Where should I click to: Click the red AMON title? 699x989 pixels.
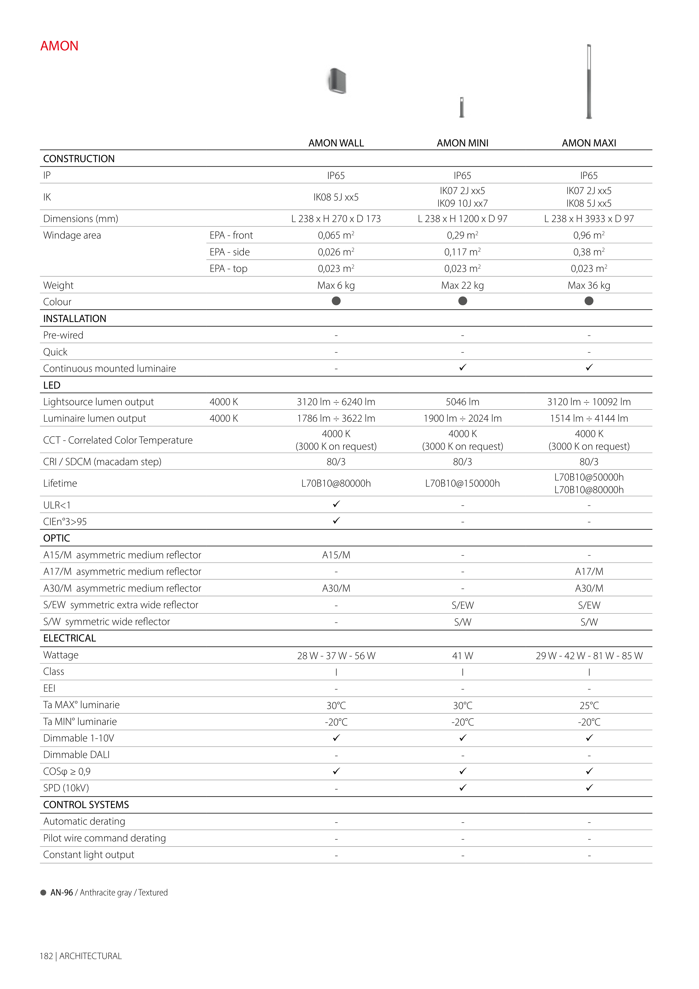pyautogui.click(x=59, y=46)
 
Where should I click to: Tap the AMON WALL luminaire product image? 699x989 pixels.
pyautogui.click(x=337, y=81)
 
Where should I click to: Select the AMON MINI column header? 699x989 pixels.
pyautogui.click(x=462, y=143)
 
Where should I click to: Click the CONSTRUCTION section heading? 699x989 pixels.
pyautogui.click(x=79, y=159)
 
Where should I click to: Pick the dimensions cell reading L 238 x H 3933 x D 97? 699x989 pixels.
pyautogui.click(x=589, y=219)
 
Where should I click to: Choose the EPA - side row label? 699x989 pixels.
pyautogui.click(x=230, y=252)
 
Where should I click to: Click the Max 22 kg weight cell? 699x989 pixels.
pyautogui.click(x=462, y=285)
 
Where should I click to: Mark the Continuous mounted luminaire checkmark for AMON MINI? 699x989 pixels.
pyautogui.click(x=462, y=367)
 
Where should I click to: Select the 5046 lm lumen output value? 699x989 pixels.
pyautogui.click(x=462, y=402)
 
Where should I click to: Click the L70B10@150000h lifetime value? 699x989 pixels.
pyautogui.click(x=462, y=483)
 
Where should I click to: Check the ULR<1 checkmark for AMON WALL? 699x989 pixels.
pyautogui.click(x=336, y=504)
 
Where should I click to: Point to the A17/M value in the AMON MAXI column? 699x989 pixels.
pyautogui.click(x=589, y=572)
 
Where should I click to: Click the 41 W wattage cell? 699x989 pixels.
pyautogui.click(x=462, y=656)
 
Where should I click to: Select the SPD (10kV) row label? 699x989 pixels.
pyautogui.click(x=66, y=788)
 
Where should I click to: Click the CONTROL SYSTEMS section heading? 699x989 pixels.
pyautogui.click(x=86, y=805)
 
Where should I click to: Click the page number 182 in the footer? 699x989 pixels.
pyautogui.click(x=46, y=956)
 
